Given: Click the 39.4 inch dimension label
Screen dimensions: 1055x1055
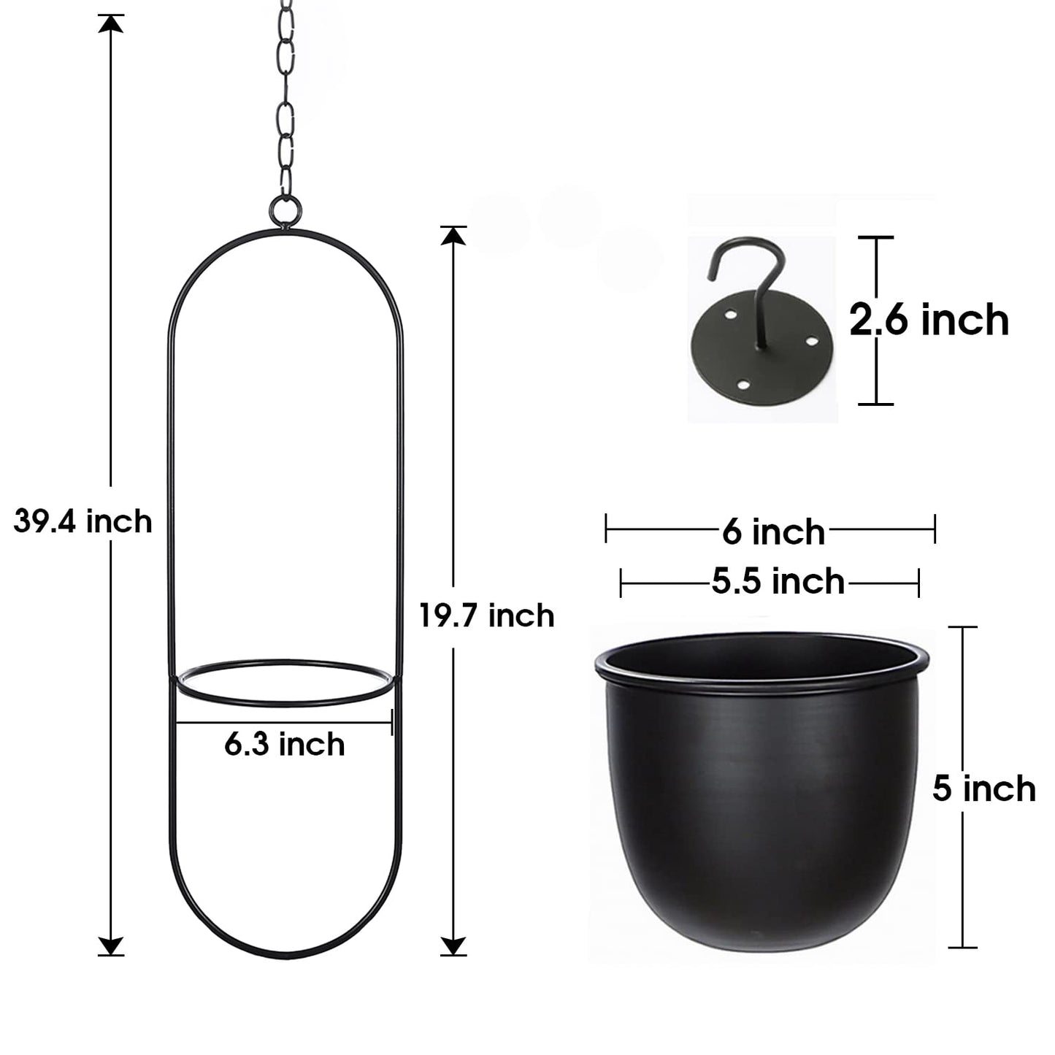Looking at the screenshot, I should pos(83,522).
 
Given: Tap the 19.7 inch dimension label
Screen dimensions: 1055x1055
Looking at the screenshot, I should pos(487,615).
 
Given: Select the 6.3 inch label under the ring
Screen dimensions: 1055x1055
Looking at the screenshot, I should pos(285,745).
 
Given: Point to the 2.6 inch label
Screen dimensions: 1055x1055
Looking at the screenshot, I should pos(929,321).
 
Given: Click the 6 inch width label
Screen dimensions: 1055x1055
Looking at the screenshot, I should pos(773,532).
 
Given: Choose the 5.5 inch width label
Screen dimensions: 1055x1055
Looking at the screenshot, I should pos(778,582).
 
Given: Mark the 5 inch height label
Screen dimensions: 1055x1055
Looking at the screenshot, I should pos(983,789).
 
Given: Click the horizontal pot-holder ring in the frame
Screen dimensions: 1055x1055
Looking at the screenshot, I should pos(285,683).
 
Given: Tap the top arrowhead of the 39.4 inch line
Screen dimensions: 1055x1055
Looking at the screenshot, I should pos(110,23).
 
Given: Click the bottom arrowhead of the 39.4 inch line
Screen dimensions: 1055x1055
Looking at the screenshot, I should pos(110,945).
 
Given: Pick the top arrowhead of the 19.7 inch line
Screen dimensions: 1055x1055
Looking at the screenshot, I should pos(453,235).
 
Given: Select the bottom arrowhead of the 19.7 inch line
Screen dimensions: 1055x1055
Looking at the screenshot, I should pos(453,945).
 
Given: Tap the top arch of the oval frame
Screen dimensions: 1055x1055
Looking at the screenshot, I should pos(285,232).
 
